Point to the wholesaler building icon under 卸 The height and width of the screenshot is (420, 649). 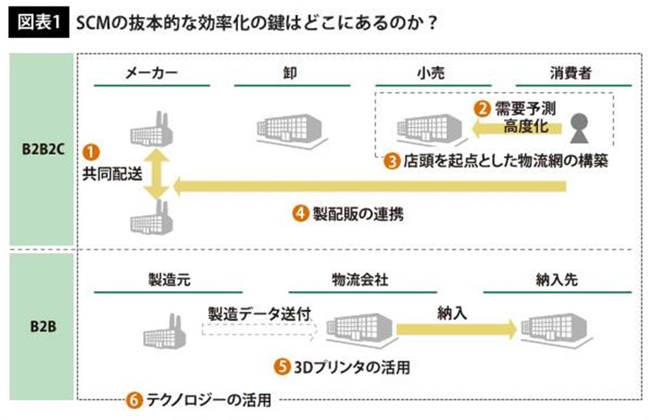(x=288, y=128)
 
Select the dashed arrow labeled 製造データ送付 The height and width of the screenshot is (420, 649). (x=260, y=329)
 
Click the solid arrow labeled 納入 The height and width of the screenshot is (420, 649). (x=456, y=329)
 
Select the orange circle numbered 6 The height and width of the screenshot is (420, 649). (x=133, y=400)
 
